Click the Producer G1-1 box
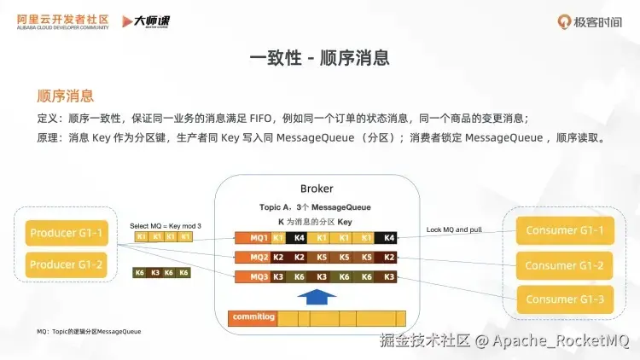67,233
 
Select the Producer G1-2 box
67,265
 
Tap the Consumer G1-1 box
564,231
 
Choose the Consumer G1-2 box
564,265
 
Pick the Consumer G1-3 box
564,299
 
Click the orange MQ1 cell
259,237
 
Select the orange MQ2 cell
259,257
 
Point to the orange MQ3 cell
259,276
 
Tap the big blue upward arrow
317,296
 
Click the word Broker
317,189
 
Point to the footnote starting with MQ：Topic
89,331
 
